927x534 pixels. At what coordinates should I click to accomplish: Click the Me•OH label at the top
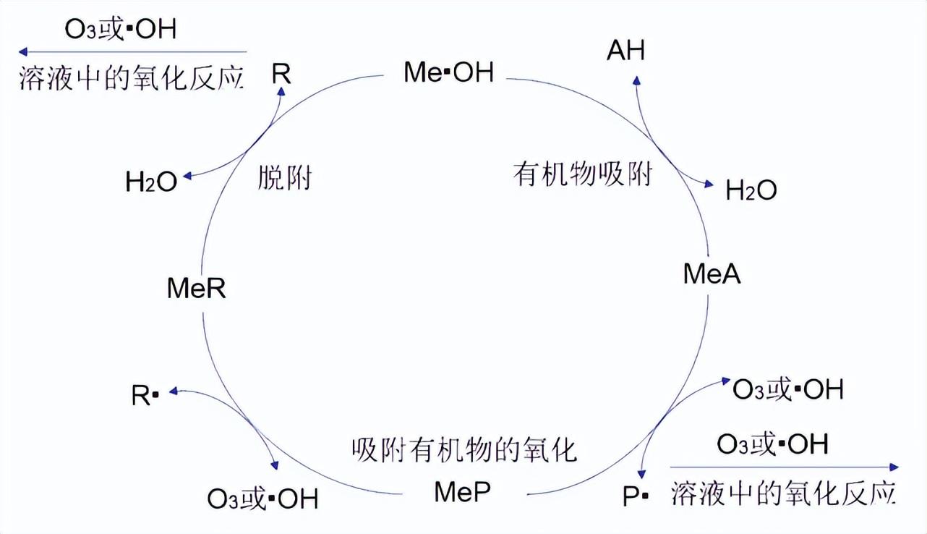coord(449,72)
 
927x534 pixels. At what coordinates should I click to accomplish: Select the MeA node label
coord(712,274)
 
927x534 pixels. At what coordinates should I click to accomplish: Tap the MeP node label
coord(463,492)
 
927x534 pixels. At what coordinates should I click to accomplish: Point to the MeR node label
coord(196,289)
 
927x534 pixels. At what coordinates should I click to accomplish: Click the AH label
coord(625,51)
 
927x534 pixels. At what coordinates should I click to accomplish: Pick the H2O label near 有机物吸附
coord(751,191)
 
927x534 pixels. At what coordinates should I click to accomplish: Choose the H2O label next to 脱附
coord(151,183)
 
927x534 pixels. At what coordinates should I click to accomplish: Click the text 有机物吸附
coord(582,174)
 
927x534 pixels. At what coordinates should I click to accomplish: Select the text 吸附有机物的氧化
coord(464,450)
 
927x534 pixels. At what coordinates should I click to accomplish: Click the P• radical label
coord(636,496)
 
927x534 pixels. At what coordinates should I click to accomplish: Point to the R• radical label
coord(145,396)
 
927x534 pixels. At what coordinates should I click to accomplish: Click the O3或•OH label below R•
coord(262,499)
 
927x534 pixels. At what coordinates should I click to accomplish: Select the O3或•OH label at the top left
coord(120,30)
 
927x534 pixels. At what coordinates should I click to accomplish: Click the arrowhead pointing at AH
coord(636,75)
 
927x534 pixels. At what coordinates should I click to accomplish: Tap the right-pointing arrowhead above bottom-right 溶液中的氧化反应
coord(894,467)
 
